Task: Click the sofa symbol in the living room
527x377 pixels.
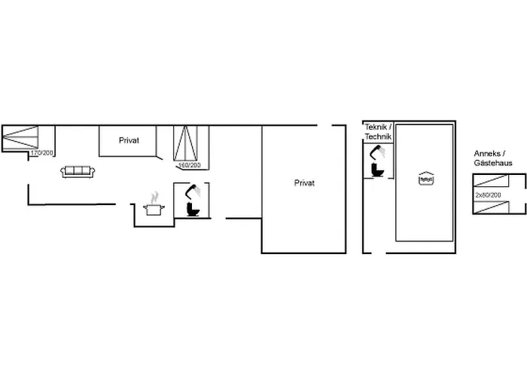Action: pos(78,172)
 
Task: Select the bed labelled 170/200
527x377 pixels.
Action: pos(20,138)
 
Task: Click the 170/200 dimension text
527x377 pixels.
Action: pos(42,153)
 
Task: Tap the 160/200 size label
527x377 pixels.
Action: pos(189,165)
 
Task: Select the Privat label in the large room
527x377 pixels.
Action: pos(304,183)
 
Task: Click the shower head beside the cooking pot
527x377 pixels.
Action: pos(196,190)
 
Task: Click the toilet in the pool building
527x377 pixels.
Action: pos(377,170)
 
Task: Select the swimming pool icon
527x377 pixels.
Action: pos(427,179)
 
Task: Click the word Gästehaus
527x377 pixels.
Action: pos(494,164)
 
